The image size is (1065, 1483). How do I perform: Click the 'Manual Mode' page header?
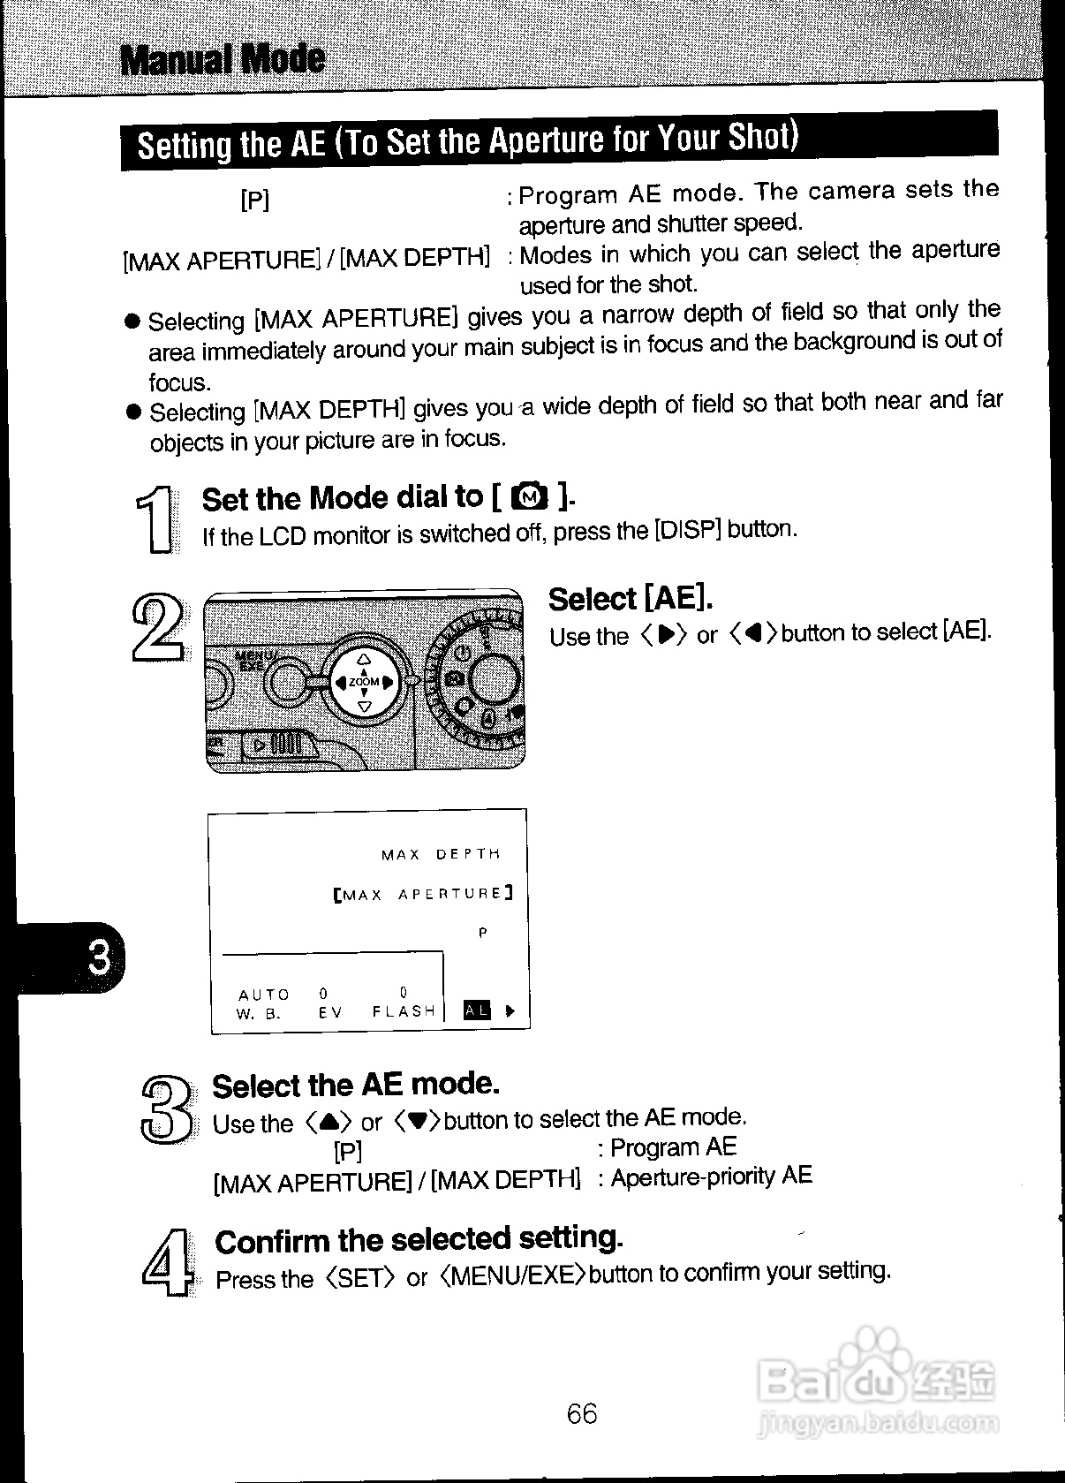tap(223, 59)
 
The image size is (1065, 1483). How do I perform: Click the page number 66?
tap(582, 1413)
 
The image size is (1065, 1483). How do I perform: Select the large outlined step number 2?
tap(158, 628)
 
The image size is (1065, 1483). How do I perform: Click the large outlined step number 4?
tap(166, 1262)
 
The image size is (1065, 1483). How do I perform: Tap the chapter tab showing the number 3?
tap(99, 957)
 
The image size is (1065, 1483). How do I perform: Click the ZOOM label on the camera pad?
tap(364, 682)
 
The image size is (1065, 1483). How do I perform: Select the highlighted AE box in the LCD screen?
tap(477, 1010)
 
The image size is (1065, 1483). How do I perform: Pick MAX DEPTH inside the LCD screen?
tap(441, 854)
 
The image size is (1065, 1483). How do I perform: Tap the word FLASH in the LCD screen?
tap(404, 1011)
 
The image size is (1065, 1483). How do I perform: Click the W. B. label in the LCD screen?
tap(259, 1014)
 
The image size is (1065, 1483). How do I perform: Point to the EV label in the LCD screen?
tap(330, 1013)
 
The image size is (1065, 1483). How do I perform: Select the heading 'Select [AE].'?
tap(631, 599)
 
